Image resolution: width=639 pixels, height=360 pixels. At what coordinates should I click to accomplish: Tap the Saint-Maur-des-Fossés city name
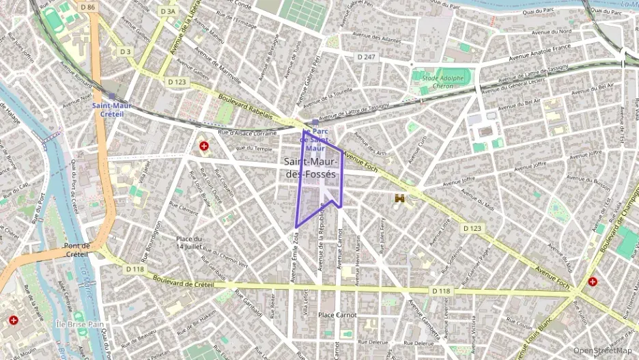(311, 168)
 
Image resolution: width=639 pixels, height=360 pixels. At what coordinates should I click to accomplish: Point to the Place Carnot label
(337, 315)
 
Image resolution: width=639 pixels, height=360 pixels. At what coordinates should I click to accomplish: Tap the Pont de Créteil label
(76, 250)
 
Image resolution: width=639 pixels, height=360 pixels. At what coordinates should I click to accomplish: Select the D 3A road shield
(167, 12)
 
